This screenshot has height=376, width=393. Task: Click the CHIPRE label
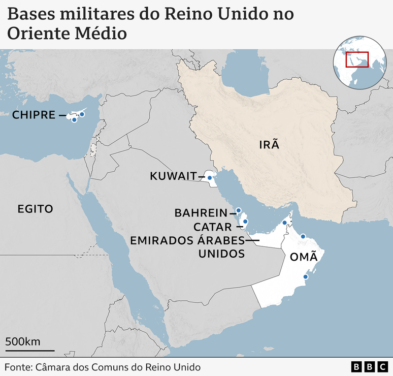coord(34,115)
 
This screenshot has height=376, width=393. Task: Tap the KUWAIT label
coord(173,176)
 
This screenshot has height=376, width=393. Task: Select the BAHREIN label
coord(202,213)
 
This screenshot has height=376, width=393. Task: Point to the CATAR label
coord(212,227)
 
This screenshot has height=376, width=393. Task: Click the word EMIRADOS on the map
coord(163,240)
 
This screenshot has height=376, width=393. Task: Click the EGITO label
coord(35,208)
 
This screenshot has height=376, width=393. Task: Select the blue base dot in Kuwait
coord(209,177)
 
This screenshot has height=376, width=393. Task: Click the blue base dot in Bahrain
coord(238,210)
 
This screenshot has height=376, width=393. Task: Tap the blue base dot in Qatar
coord(245,221)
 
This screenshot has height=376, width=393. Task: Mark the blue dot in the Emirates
coord(284,223)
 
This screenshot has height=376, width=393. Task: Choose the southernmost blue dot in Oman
coord(305,277)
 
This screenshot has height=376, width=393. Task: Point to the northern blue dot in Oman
coord(303,236)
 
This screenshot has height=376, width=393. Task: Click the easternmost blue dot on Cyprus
coord(82,114)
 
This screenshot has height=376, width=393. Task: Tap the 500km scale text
coord(23,341)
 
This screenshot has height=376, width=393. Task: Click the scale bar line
coord(30,350)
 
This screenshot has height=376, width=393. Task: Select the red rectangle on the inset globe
coord(357,59)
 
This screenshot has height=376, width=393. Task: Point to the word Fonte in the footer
coord(17,367)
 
